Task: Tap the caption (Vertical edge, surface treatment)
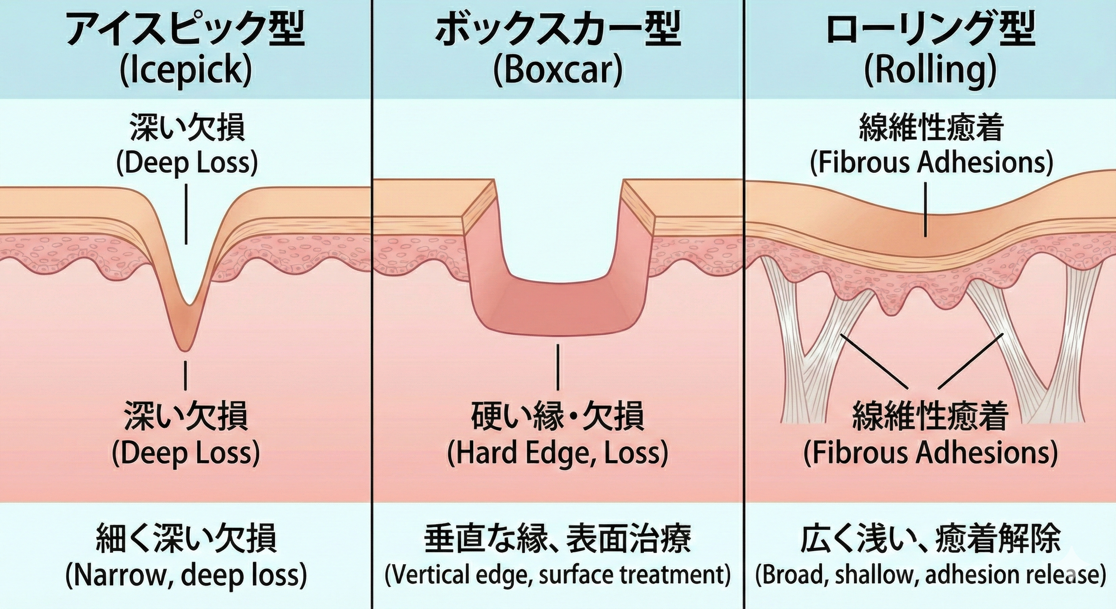558,575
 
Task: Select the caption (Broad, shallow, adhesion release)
931,575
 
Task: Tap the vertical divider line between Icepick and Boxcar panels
371,303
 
